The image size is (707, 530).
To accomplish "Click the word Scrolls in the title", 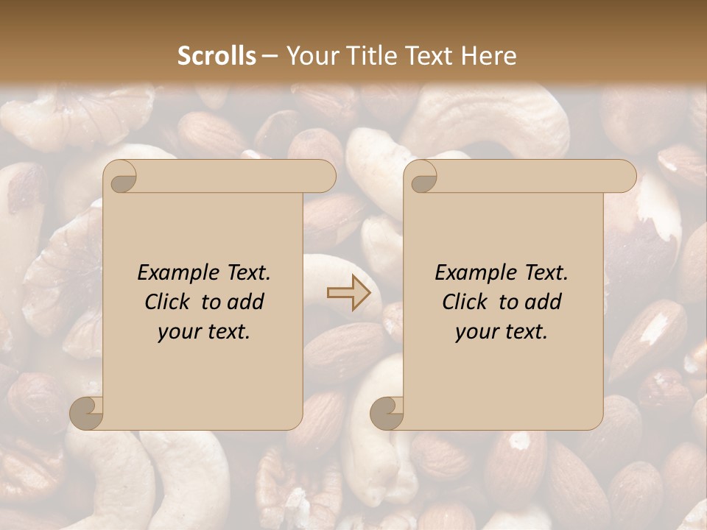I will [x=217, y=56].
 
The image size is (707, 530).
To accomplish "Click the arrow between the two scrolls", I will [x=348, y=292].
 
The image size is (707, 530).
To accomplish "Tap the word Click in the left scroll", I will [x=170, y=302].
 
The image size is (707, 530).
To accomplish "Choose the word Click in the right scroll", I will [x=468, y=302].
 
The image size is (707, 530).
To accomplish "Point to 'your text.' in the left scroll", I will [x=204, y=331].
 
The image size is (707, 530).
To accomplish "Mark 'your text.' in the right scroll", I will [x=502, y=331].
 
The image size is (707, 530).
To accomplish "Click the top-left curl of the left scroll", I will [x=121, y=177].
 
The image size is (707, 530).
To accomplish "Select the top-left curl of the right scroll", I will [x=421, y=177].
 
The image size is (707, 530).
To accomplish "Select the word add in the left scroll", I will [x=247, y=302].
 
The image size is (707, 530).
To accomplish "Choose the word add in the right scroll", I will [x=544, y=302].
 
